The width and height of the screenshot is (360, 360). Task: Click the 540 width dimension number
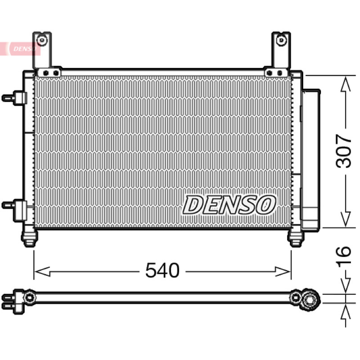click(162, 270)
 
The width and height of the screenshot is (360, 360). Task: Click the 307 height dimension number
click(343, 151)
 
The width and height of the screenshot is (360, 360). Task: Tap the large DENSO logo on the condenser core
click(229, 205)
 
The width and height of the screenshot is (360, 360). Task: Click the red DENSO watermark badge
click(20, 49)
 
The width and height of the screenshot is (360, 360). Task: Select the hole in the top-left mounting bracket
click(42, 40)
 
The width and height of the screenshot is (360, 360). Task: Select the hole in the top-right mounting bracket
click(281, 40)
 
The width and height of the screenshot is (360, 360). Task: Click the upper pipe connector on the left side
click(14, 98)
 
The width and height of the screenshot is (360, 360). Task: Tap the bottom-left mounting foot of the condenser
click(29, 238)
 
